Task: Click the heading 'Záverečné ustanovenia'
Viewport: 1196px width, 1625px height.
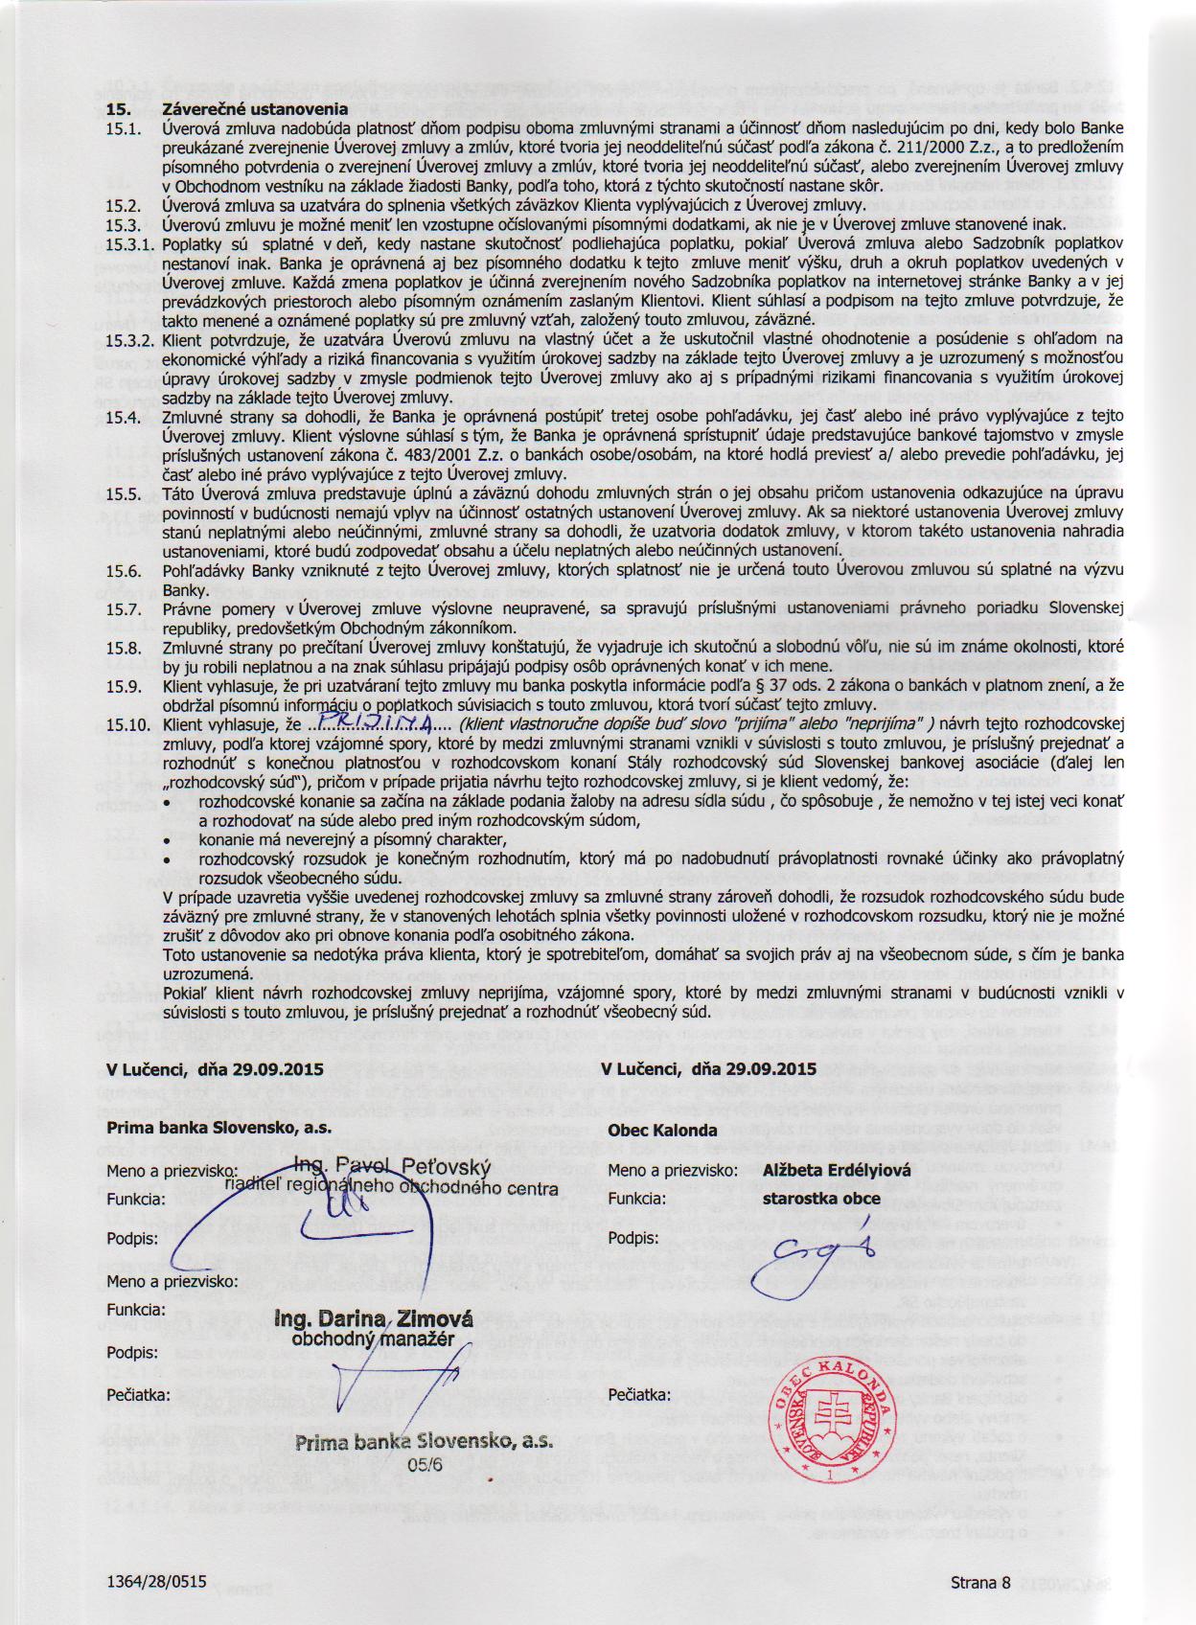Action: point(255,109)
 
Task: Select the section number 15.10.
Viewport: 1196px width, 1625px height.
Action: point(128,725)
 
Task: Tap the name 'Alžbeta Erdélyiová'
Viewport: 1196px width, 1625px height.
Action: point(837,1170)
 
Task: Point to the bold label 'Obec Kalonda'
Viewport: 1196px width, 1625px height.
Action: point(662,1131)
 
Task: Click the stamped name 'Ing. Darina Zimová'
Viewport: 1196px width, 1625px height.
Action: point(374,1319)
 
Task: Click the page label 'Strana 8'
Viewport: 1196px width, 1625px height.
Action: point(980,1582)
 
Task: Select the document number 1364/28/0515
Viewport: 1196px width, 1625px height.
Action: point(157,1581)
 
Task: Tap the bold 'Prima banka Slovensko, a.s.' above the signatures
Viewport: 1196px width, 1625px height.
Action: point(219,1128)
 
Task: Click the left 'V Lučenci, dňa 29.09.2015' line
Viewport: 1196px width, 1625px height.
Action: point(215,1069)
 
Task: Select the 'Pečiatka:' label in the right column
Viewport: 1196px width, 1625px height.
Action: point(639,1395)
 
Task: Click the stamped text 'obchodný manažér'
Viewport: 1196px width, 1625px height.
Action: point(373,1339)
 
